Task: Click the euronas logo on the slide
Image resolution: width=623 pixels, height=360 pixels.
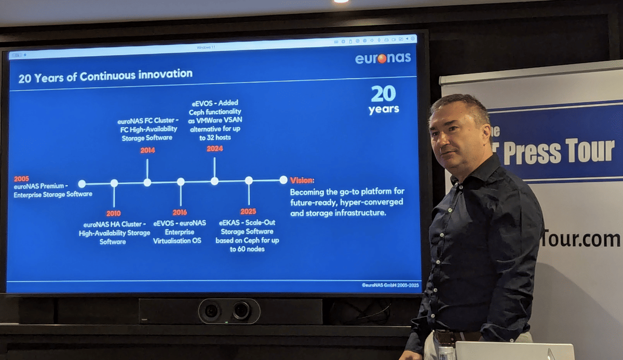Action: tap(383, 58)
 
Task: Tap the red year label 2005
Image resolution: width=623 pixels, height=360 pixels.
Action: tap(22, 179)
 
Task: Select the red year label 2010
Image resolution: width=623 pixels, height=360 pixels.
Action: tap(113, 213)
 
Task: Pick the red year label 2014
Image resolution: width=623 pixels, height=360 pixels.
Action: tap(147, 151)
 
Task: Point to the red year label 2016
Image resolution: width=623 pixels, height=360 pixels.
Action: tap(180, 212)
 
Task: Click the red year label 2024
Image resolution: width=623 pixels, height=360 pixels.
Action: tap(214, 149)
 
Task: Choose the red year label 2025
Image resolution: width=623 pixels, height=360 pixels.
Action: tap(248, 211)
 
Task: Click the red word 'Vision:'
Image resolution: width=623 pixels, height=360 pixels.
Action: tap(302, 180)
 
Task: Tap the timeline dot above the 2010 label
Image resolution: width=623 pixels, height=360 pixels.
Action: tap(114, 183)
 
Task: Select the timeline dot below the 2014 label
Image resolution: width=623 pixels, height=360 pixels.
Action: tap(147, 182)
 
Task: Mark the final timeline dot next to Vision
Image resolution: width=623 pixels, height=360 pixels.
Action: tap(283, 180)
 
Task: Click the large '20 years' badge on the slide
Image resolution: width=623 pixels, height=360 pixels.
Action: tap(384, 99)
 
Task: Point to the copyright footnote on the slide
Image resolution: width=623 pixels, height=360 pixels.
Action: tap(390, 285)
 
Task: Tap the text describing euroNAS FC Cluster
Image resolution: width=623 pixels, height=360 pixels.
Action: tap(147, 129)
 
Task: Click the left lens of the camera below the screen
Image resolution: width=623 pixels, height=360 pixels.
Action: tap(212, 311)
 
